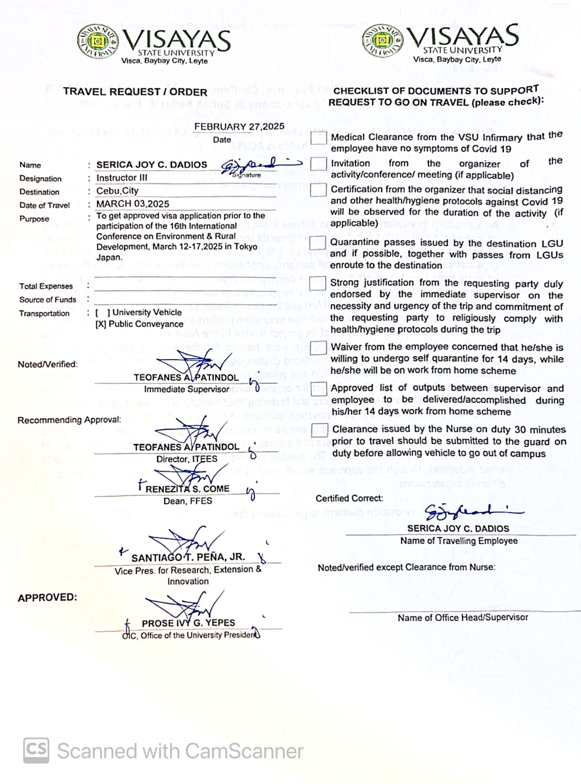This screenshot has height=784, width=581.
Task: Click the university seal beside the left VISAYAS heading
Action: tap(97, 41)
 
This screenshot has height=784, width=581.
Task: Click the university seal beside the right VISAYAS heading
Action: tap(383, 40)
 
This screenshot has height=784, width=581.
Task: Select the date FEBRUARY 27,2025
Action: tap(239, 126)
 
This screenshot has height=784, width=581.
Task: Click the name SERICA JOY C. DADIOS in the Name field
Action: tap(152, 165)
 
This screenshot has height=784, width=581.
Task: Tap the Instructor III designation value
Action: tap(122, 178)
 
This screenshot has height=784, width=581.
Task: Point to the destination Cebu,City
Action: tap(117, 191)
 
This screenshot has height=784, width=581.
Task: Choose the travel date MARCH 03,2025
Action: tap(133, 204)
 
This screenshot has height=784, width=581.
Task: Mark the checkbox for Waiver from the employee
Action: tap(318, 348)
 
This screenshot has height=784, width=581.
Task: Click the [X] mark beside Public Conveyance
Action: tap(100, 324)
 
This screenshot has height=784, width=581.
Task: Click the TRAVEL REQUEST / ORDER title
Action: tap(135, 92)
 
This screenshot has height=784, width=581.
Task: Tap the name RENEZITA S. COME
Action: tap(187, 489)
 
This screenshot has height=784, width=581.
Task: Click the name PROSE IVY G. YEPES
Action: tap(188, 623)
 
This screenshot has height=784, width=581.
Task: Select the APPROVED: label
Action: tap(47, 598)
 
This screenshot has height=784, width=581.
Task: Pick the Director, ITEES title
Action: tap(187, 459)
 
